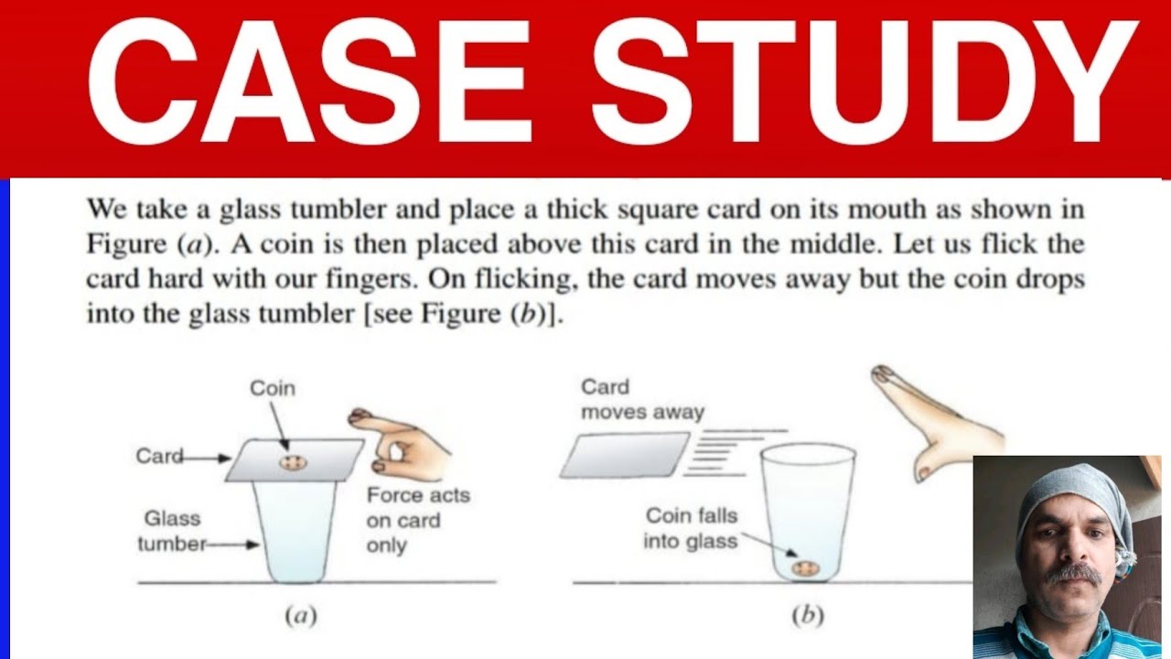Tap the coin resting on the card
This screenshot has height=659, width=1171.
(293, 462)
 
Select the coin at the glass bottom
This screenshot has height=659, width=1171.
(805, 568)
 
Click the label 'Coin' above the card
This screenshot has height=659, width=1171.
(273, 389)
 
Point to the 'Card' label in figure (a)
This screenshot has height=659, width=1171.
(159, 456)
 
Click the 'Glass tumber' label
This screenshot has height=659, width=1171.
(173, 532)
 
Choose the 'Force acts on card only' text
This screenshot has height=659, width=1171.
(418, 521)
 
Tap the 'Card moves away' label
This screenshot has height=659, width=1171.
(642, 400)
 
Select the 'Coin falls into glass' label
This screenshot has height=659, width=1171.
(691, 528)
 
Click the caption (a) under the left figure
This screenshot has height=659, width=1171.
(301, 616)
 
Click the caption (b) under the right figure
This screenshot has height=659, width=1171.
(808, 616)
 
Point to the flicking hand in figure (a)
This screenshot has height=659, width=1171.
(403, 445)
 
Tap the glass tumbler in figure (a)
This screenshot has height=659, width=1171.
(295, 531)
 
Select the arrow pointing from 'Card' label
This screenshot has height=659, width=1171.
(206, 459)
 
